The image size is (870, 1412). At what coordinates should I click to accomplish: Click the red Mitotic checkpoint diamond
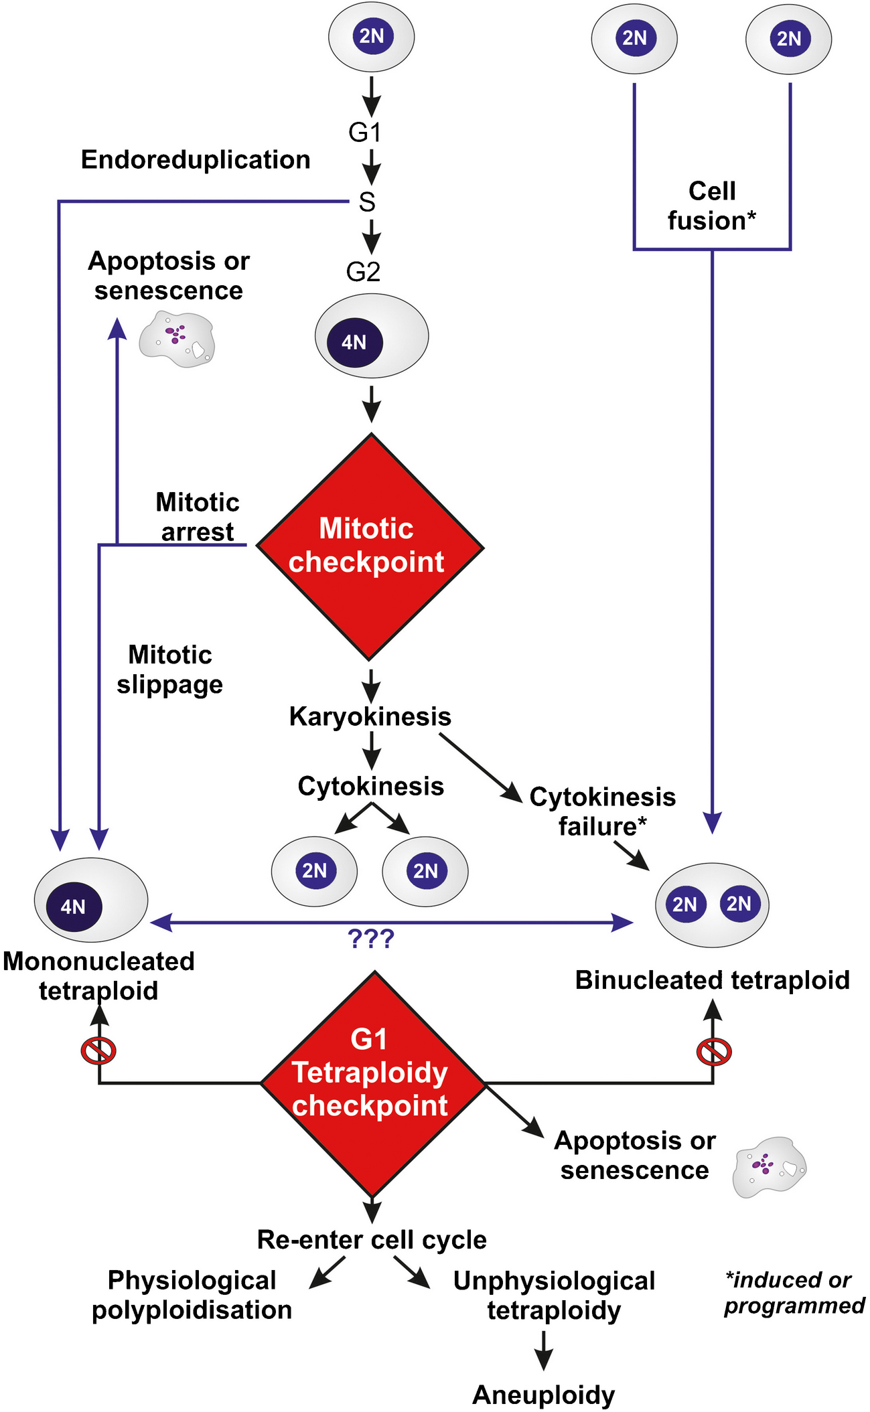click(x=370, y=546)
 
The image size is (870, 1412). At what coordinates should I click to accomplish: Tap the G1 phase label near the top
click(x=365, y=132)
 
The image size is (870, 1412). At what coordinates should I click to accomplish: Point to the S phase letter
click(x=367, y=202)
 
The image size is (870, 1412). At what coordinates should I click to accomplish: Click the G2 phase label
click(x=363, y=271)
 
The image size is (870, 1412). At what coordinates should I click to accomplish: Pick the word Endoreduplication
click(x=196, y=160)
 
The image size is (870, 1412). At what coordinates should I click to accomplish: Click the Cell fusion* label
click(x=712, y=206)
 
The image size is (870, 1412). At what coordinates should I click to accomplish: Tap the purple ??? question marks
click(x=371, y=939)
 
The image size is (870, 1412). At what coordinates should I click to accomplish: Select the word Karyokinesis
click(x=370, y=716)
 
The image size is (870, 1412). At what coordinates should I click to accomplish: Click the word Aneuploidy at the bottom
click(x=543, y=1395)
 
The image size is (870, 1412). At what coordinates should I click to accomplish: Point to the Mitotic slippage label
click(x=170, y=670)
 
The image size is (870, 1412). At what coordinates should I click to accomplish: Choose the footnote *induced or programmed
click(x=794, y=1293)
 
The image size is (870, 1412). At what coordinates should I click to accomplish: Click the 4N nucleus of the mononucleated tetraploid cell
click(x=74, y=907)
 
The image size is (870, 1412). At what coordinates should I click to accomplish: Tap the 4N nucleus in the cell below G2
click(x=354, y=342)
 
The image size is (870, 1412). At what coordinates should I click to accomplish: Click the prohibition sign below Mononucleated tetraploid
click(x=98, y=1050)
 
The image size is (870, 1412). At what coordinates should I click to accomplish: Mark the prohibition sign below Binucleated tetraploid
click(x=714, y=1051)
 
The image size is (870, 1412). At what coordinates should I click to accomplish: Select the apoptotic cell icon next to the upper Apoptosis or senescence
click(x=177, y=339)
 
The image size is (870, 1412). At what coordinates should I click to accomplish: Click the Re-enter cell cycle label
click(x=372, y=1240)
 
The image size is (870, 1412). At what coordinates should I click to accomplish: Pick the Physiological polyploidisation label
click(x=192, y=1295)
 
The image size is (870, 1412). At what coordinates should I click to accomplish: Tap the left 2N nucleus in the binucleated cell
click(x=684, y=905)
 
